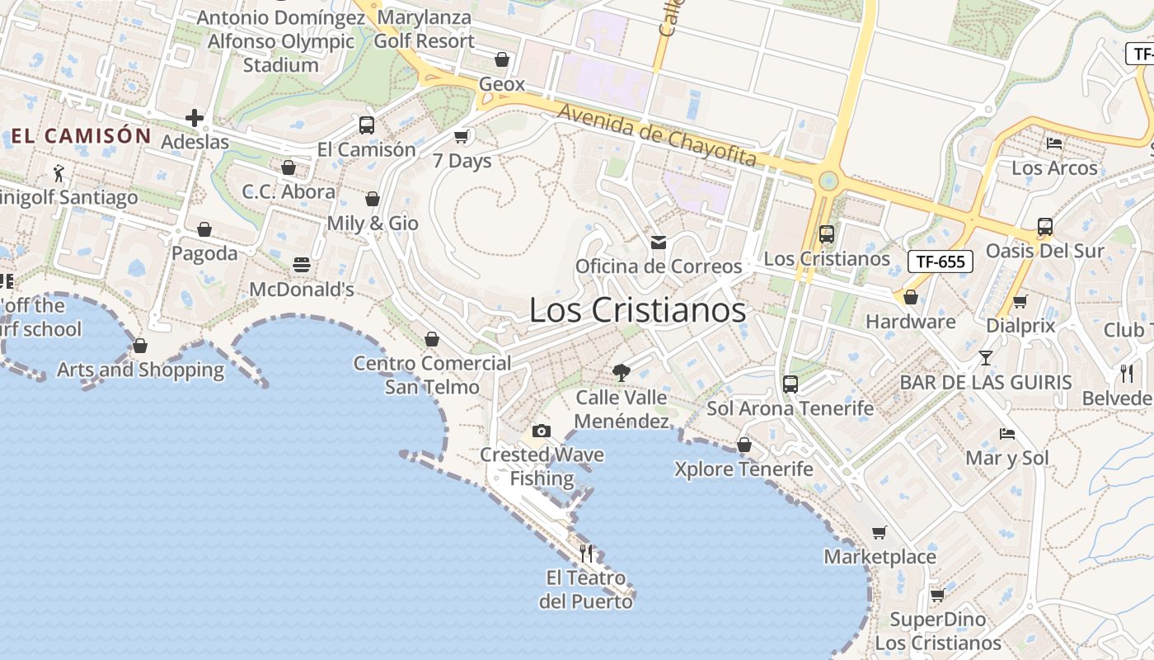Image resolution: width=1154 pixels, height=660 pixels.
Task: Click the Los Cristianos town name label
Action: tap(637, 310)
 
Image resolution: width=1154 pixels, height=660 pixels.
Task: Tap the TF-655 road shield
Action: tap(941, 262)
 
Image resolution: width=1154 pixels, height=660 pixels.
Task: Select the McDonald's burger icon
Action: tap(302, 265)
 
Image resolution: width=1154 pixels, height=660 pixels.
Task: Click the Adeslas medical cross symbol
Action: tap(195, 118)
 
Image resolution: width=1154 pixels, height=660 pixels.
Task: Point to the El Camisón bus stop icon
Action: tap(367, 125)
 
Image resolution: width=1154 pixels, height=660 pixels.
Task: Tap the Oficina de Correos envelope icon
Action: tap(659, 242)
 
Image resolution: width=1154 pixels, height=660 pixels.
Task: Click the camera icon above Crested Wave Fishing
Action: tap(542, 431)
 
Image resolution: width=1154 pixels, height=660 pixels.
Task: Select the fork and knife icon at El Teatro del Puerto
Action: tap(586, 553)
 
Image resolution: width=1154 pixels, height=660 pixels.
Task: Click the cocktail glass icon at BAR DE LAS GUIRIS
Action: tap(985, 358)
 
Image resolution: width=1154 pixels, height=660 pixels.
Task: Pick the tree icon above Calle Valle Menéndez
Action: tap(622, 373)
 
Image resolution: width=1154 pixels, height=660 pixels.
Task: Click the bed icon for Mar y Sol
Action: tap(1006, 434)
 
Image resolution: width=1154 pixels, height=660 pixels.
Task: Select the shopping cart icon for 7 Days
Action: tap(462, 136)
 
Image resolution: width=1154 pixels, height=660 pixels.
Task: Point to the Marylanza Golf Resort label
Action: tap(425, 29)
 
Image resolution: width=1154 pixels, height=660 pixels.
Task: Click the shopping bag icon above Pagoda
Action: tap(204, 229)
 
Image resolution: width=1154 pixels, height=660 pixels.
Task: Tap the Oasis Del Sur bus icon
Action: tap(1044, 226)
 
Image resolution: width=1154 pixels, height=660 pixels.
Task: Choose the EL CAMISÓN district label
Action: tap(82, 136)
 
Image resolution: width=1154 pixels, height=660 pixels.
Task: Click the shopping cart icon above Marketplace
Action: tap(880, 532)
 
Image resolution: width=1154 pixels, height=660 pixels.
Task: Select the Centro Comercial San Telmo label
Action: tap(432, 375)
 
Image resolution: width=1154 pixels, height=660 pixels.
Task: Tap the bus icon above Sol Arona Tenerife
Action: tap(790, 384)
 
